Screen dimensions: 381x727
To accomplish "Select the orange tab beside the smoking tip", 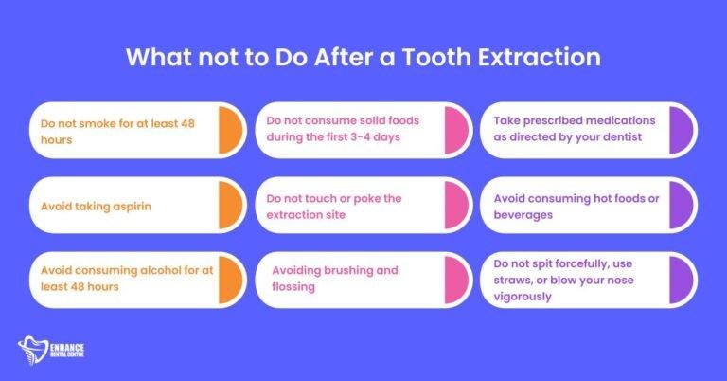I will point(232,130).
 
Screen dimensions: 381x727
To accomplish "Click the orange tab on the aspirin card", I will point(232,204).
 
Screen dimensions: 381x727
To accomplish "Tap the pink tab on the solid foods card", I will point(458,130).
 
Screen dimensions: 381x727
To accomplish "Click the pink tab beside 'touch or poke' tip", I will point(458,204).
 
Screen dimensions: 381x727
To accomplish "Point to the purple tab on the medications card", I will point(683,130).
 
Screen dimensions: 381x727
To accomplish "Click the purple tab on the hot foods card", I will point(683,204).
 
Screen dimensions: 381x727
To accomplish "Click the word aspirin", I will point(139,204).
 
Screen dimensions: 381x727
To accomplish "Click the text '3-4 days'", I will point(387,138).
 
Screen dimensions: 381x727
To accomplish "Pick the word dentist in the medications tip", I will point(641,138).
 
